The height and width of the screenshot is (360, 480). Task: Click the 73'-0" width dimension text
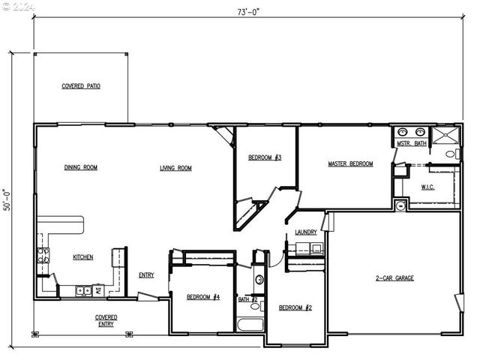pos(248,12)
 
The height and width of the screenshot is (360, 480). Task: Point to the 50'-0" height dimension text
pos(7,199)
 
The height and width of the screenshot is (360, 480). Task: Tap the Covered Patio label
pos(81,86)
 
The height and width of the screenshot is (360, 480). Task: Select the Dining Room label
pos(81,167)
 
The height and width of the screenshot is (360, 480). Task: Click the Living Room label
pos(175,168)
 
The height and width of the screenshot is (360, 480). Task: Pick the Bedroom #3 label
pos(265,157)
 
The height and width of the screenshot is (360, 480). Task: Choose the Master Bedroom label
pos(350,163)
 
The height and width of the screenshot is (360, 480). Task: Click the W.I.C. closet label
pos(427,187)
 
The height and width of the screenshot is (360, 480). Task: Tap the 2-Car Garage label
pos(394,278)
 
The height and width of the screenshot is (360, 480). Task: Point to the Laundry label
pos(306,232)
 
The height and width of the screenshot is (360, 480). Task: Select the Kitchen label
pos(83,257)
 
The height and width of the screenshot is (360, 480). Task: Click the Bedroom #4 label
pos(203,297)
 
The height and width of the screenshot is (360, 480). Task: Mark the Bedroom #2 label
pos(295,307)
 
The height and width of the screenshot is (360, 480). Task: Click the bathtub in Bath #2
pos(250,325)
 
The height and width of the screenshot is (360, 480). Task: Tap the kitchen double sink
pos(83,290)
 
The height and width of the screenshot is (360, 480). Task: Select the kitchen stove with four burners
pos(43,255)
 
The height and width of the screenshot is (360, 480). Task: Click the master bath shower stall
pos(445,135)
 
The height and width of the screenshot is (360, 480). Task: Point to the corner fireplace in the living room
pos(226,135)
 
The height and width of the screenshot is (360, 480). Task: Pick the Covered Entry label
pos(106,320)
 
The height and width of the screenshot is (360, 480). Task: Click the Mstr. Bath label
pos(412,143)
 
